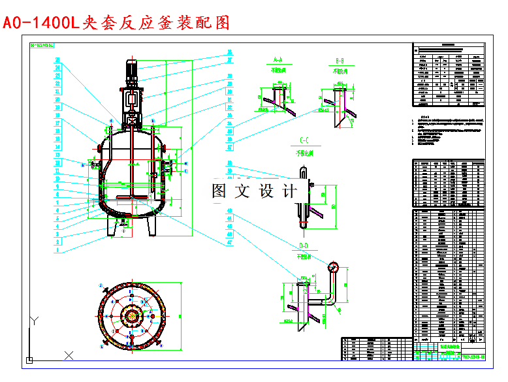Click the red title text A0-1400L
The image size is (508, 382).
click(x=40, y=24)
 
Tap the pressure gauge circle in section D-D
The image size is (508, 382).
click(x=334, y=266)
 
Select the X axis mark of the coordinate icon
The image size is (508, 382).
click(x=69, y=356)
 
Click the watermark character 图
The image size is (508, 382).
click(x=220, y=191)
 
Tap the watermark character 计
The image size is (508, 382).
click(x=289, y=191)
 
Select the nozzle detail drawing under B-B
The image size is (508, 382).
click(x=340, y=101)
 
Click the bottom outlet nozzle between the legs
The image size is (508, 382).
click(x=123, y=229)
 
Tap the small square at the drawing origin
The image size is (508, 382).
click(x=29, y=360)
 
